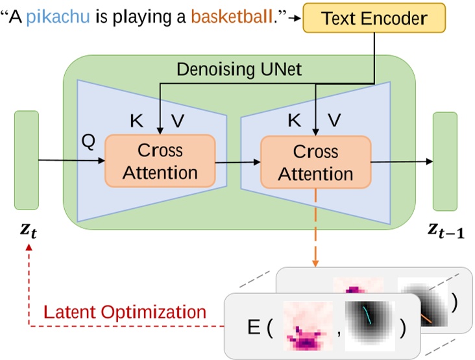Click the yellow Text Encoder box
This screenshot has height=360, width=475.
pyautogui.click(x=374, y=17)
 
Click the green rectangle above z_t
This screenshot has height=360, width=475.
pyautogui.click(x=27, y=160)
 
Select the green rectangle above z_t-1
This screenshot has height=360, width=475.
pyautogui.click(x=445, y=161)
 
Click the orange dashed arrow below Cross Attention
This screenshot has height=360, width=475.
pyautogui.click(x=315, y=227)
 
